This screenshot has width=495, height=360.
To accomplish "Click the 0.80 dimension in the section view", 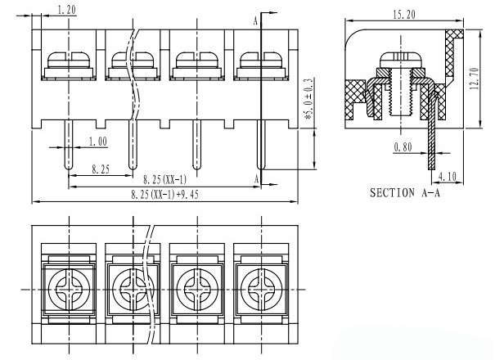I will point(402,147).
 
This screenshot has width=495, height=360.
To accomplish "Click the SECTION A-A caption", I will point(406,194).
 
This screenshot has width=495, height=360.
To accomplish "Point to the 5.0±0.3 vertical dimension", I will point(308,99).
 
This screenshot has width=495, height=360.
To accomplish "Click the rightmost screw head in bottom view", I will point(261,289).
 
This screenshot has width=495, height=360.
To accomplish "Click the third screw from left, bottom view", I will point(196,289).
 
